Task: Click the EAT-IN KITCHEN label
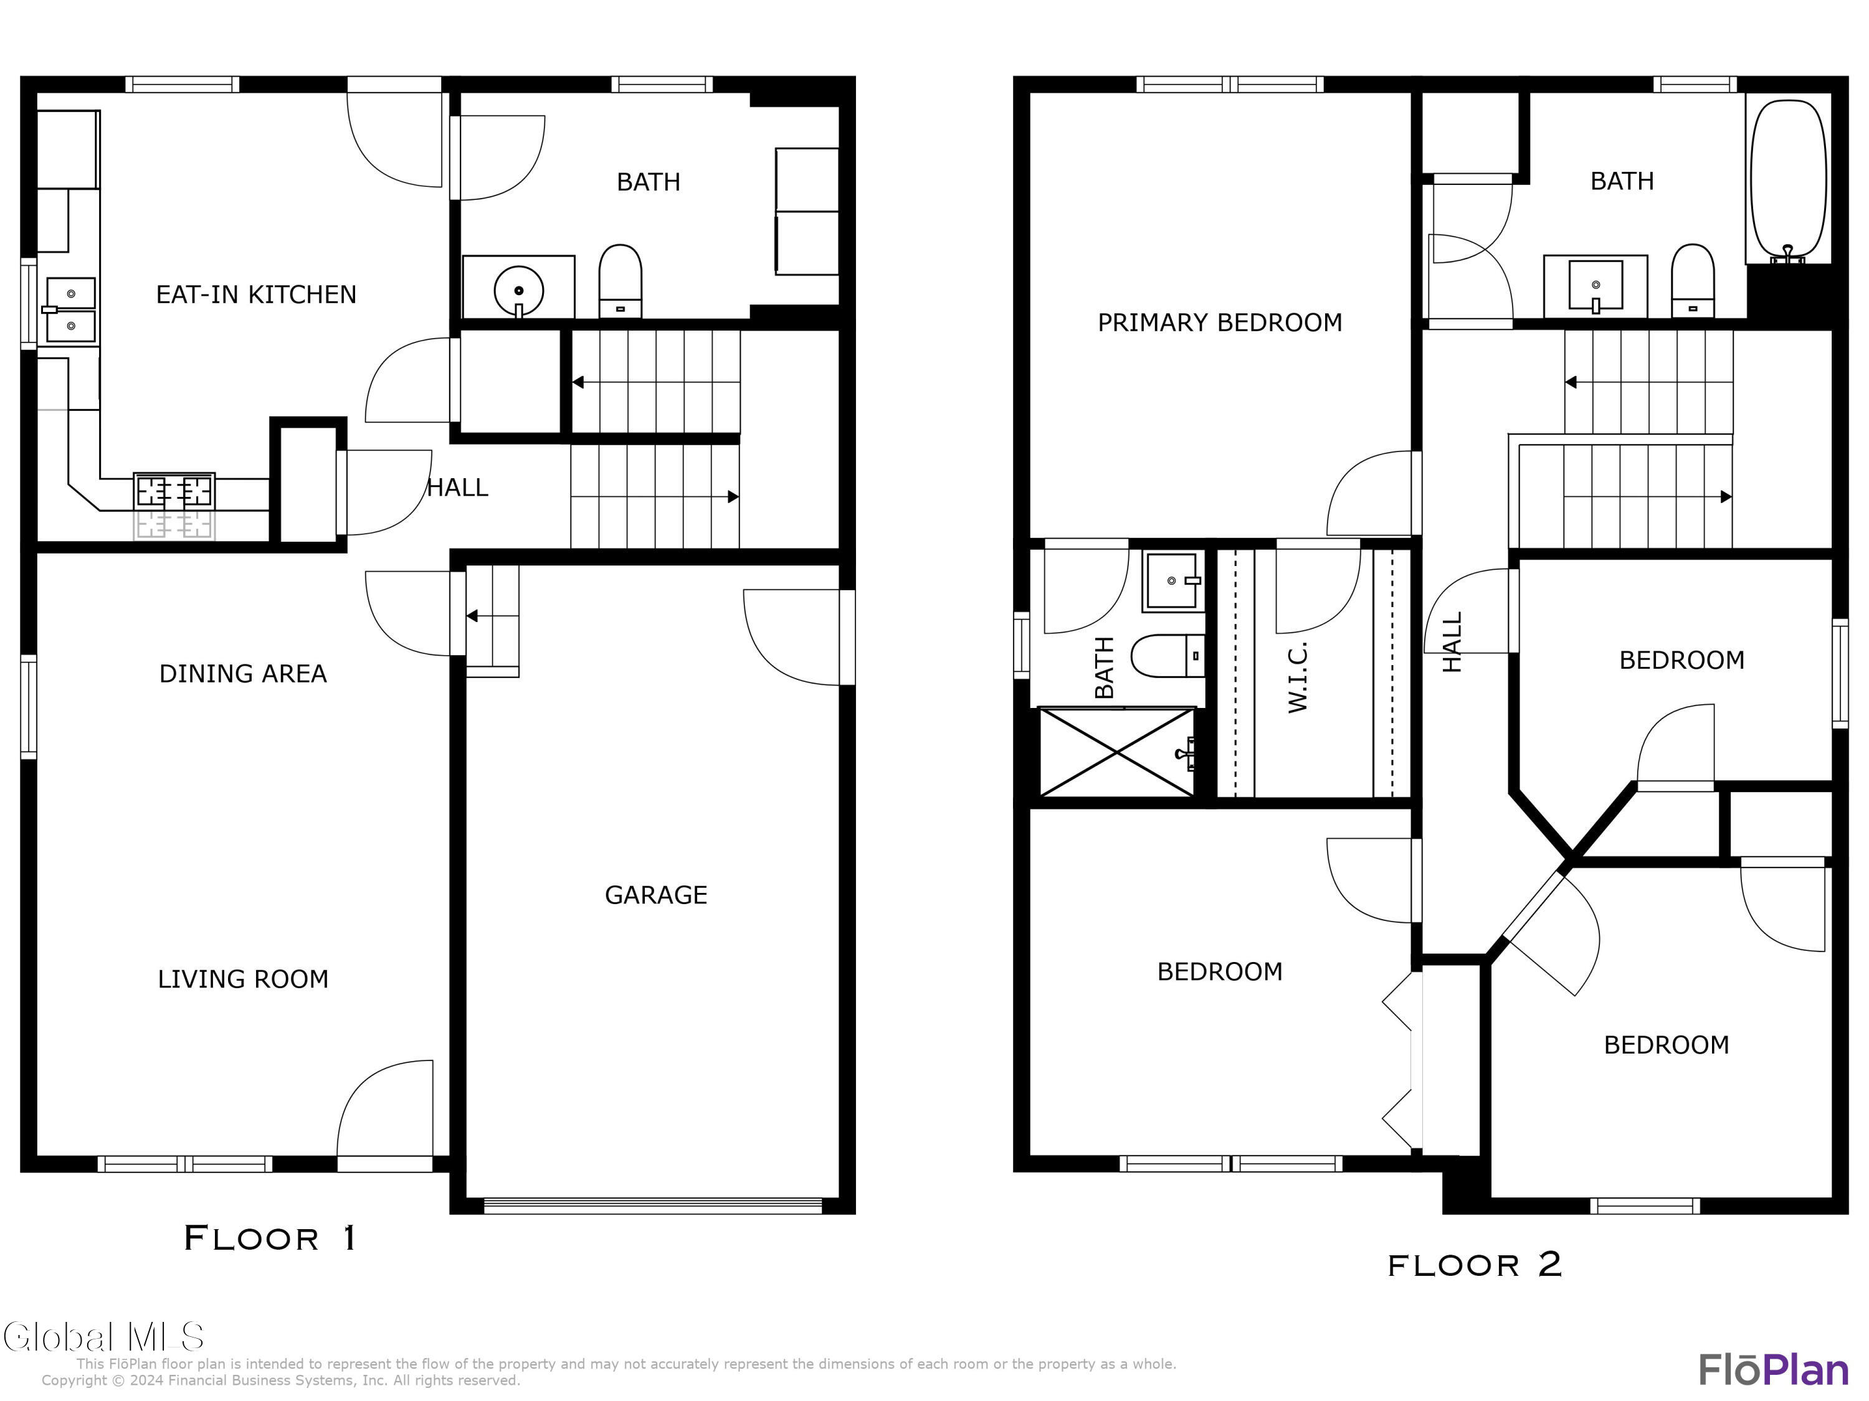(256, 295)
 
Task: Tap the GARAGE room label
(655, 895)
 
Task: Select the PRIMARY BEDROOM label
(1219, 323)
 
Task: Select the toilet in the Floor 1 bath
(620, 281)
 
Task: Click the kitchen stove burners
(174, 505)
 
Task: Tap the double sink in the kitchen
(70, 310)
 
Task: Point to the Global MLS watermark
(103, 1337)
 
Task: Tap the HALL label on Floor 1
(458, 488)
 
